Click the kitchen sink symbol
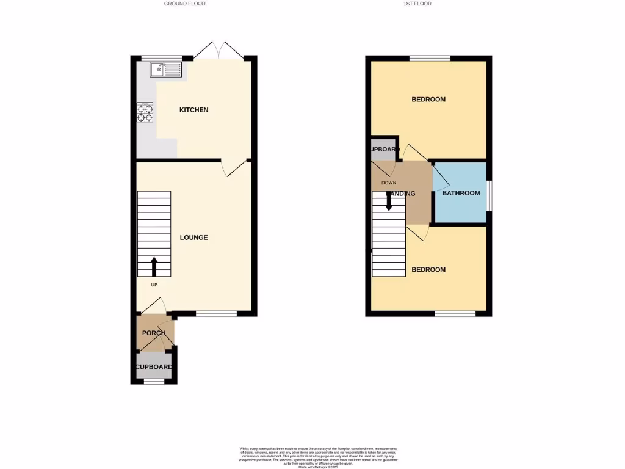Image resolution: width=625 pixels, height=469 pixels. [165, 70]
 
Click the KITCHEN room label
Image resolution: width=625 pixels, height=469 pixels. [193, 110]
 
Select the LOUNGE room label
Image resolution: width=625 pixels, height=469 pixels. [193, 238]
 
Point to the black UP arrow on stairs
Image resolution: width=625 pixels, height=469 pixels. [154, 266]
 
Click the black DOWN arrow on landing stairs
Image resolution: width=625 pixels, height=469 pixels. [389, 201]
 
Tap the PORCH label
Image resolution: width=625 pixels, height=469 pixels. [154, 333]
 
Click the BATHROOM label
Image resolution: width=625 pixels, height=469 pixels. [461, 193]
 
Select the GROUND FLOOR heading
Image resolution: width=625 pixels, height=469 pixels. [184, 4]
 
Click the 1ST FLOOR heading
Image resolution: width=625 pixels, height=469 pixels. [417, 4]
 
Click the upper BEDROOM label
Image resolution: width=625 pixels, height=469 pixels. [428, 100]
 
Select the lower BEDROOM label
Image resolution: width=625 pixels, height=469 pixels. [428, 270]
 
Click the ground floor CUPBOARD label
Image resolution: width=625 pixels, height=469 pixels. [154, 367]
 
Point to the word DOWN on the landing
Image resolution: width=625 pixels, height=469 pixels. [389, 183]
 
